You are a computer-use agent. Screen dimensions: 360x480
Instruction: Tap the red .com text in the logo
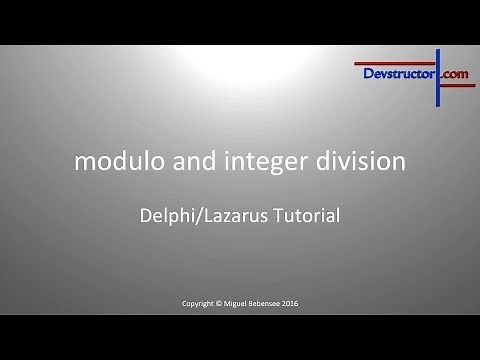click(x=453, y=73)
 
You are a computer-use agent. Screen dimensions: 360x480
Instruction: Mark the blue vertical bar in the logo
click(x=436, y=75)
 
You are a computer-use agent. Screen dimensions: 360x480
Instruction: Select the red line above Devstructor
click(x=400, y=61)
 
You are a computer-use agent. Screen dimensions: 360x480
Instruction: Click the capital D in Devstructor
click(x=363, y=73)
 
